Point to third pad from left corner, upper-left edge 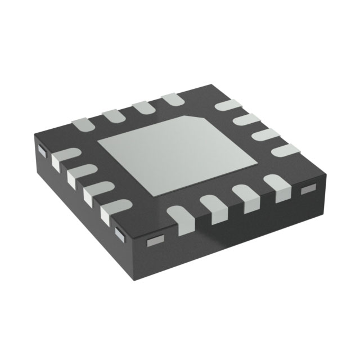[x=143, y=107]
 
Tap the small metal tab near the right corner [x=308, y=187]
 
